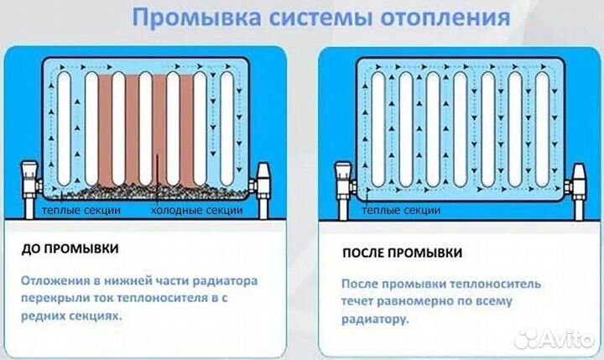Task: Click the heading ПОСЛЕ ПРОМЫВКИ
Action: (x=402, y=252)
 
